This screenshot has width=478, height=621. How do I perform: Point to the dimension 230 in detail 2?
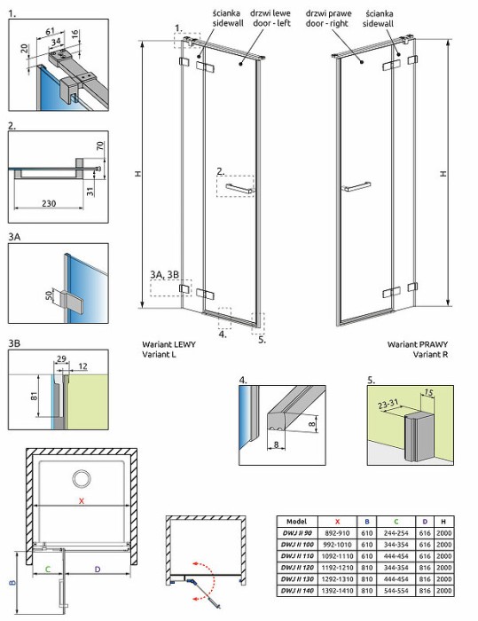[x=49, y=204]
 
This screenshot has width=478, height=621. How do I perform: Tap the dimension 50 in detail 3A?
[x=48, y=294]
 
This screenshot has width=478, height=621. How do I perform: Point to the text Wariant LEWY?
[x=168, y=342]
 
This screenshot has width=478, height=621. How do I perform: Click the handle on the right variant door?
[x=356, y=186]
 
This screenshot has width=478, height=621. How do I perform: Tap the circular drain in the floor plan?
[x=81, y=480]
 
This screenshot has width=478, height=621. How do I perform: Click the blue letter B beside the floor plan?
[x=12, y=583]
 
